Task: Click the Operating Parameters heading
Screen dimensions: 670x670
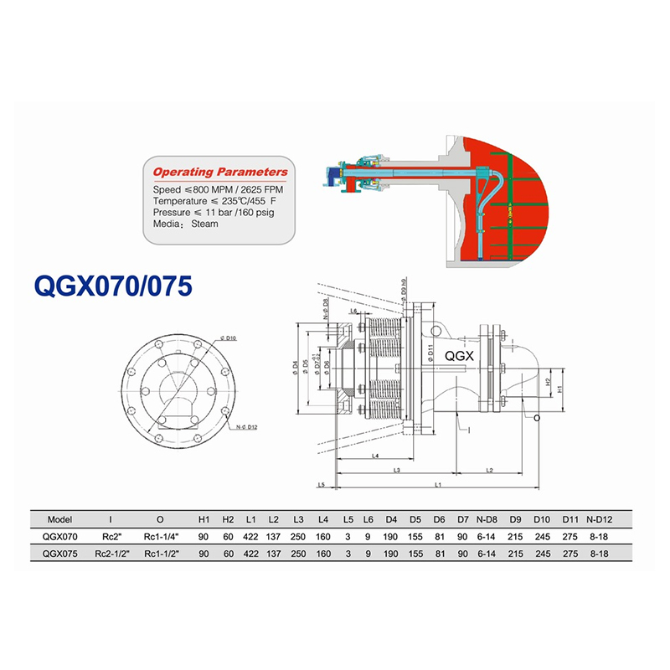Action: pos(220,173)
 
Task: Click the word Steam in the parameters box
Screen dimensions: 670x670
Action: pos(205,224)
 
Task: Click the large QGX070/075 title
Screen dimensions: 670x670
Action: pos(113,286)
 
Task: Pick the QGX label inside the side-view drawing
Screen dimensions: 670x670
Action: pos(460,355)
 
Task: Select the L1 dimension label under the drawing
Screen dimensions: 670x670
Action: pos(437,486)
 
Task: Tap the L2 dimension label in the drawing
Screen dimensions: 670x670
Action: pos(487,471)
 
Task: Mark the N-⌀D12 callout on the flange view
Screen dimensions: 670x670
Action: pos(245,428)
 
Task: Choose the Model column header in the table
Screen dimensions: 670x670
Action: pos(60,518)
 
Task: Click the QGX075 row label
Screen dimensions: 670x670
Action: pos(60,554)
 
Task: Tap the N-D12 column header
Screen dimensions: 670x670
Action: pos(602,518)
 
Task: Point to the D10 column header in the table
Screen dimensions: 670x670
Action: pos(543,518)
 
